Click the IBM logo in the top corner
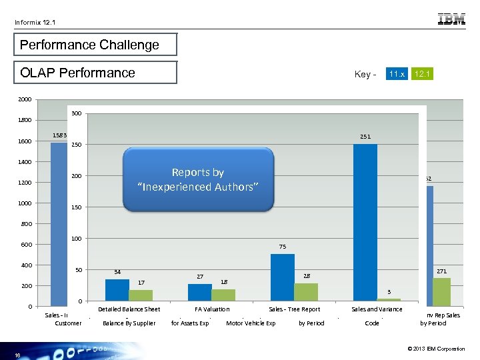[x=451, y=20]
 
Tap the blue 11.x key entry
[x=397, y=73]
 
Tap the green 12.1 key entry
[x=422, y=73]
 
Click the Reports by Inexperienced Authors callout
[x=198, y=179]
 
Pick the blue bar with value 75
[x=283, y=277]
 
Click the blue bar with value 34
[x=117, y=290]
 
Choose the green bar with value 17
[x=141, y=295]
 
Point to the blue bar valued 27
[x=200, y=292]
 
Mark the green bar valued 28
[x=306, y=292]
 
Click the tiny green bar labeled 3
[x=389, y=300]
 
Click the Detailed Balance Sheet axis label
[x=129, y=309]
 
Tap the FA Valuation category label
[x=212, y=309]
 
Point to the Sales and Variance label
[x=377, y=309]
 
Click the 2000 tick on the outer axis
[x=24, y=99]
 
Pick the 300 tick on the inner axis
[x=77, y=113]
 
